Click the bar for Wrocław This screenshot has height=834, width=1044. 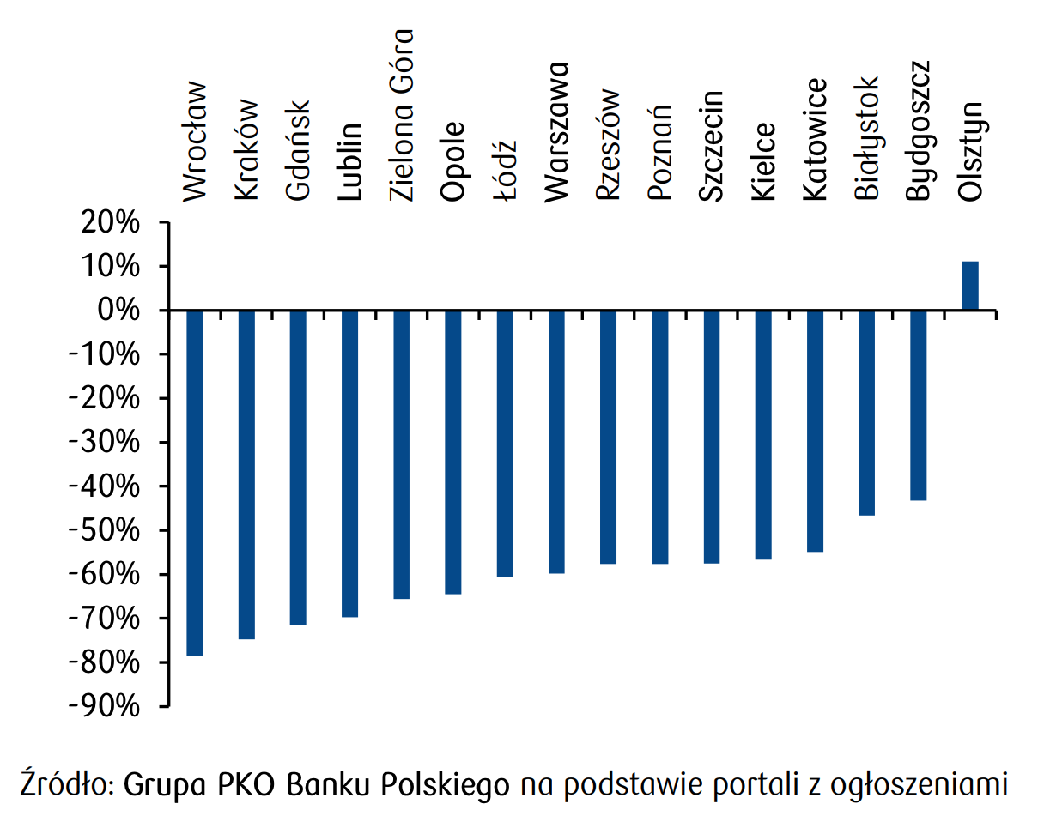click(195, 482)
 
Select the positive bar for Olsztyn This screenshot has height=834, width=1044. click(970, 286)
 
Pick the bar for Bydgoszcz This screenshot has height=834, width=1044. click(919, 405)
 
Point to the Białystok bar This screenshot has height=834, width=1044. click(867, 413)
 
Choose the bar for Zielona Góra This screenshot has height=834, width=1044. click(402, 454)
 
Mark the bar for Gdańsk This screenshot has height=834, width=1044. click(298, 467)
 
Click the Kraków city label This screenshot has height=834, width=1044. click(246, 151)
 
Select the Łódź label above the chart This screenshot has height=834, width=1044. click(506, 171)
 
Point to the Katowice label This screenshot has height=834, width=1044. click(815, 139)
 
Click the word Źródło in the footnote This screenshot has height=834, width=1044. click(66, 784)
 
